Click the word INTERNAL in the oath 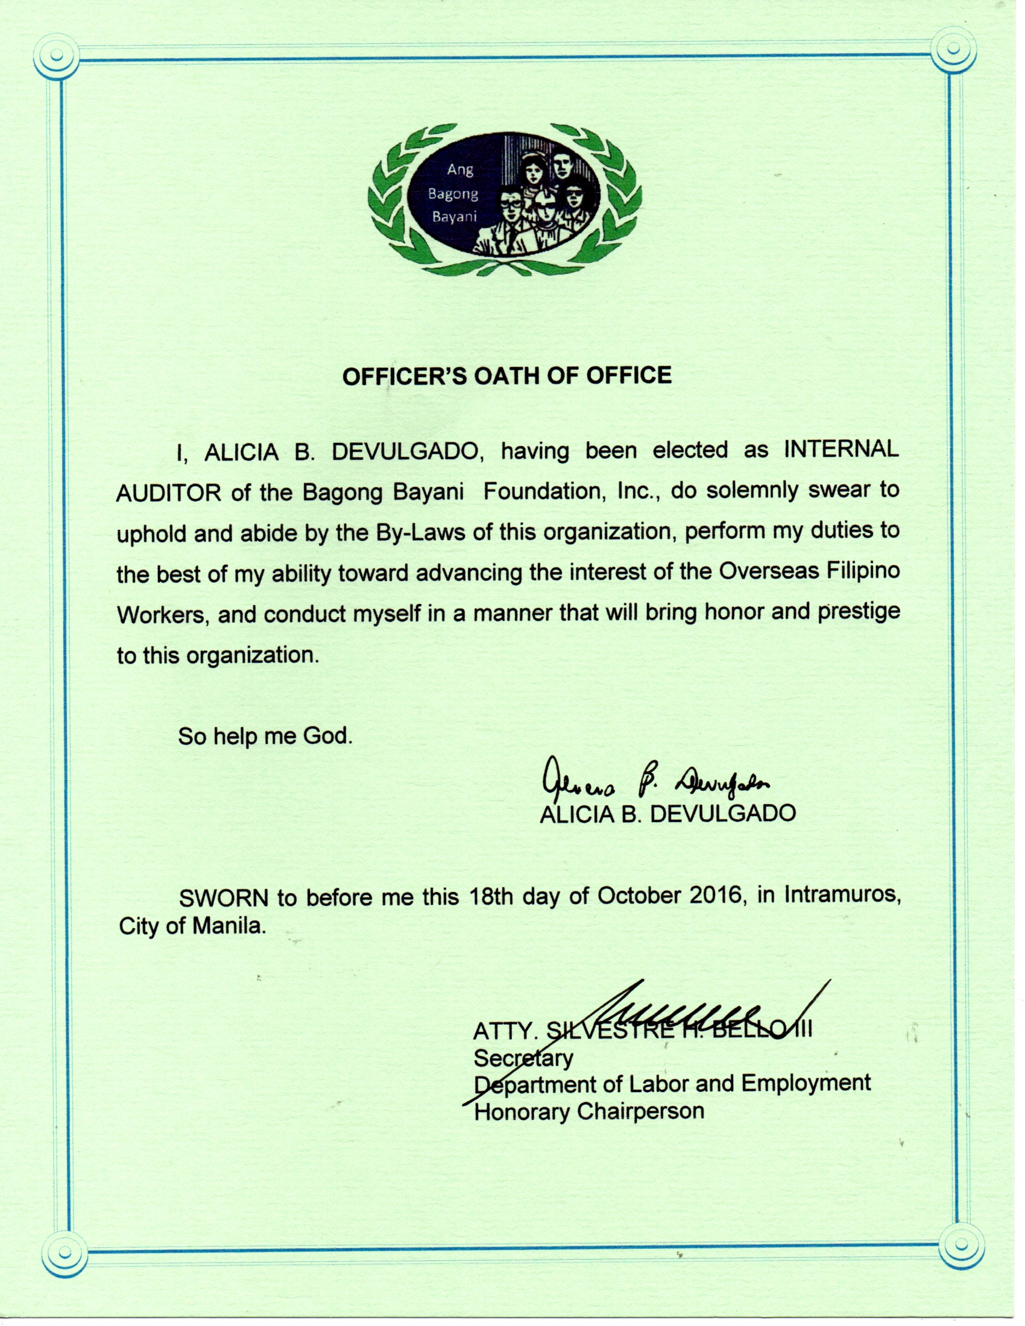841,450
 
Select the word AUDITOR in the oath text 168,492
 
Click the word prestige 858,611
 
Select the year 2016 716,897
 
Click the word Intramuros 842,896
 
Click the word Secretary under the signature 523,1059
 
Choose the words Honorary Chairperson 588,1111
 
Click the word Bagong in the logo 453,194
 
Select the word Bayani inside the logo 454,217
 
